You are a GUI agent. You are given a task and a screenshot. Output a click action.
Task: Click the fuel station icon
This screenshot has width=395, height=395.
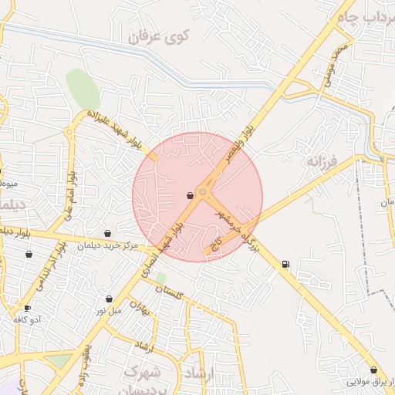[x=286, y=265]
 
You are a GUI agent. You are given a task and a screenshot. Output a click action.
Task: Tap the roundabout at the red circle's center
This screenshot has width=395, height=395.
[x=202, y=191]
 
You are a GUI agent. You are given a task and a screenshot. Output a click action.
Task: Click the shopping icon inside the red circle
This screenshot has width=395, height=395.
[x=190, y=196]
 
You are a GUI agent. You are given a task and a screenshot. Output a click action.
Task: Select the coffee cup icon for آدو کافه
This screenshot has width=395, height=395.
[x=28, y=308]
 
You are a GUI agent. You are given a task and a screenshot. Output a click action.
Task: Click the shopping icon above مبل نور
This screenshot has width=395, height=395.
[x=109, y=299]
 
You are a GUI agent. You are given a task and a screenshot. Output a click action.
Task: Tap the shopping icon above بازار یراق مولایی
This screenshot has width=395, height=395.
[x=374, y=370]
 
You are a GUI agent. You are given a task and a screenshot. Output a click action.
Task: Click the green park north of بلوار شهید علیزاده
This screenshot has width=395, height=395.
[x=82, y=89]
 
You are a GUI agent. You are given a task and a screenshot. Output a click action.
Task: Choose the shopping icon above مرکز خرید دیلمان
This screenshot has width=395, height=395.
[x=107, y=233]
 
